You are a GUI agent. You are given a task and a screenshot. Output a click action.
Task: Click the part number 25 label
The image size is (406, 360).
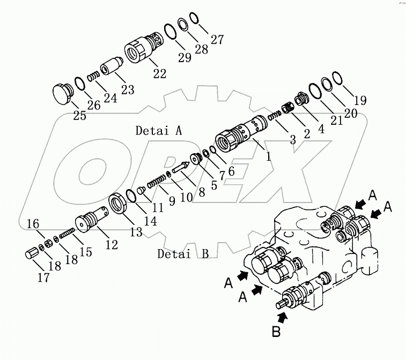(x=79, y=115)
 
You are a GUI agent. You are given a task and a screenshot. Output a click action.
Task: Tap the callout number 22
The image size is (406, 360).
(x=159, y=74)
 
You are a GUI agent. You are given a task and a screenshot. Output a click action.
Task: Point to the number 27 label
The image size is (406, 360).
(x=217, y=39)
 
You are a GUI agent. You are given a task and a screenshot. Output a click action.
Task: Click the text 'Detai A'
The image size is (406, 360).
(x=159, y=130)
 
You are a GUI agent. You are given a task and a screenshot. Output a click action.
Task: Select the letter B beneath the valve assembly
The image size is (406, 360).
(x=276, y=332)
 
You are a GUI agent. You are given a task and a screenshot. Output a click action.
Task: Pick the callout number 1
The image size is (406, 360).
(x=268, y=157)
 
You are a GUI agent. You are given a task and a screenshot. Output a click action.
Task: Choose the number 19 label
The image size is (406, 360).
(x=360, y=100)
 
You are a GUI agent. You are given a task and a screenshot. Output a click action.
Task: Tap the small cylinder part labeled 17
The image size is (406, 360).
(x=33, y=253)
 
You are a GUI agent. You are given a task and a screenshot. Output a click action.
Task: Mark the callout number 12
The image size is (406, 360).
(x=111, y=245)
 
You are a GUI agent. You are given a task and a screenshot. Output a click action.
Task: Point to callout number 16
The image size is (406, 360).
(x=33, y=224)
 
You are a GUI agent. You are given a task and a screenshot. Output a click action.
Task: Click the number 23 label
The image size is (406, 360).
(x=127, y=90)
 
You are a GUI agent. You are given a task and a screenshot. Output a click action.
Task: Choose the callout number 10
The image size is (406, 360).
(x=186, y=197)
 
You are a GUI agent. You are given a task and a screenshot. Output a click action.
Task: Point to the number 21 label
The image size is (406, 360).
(x=336, y=121)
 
